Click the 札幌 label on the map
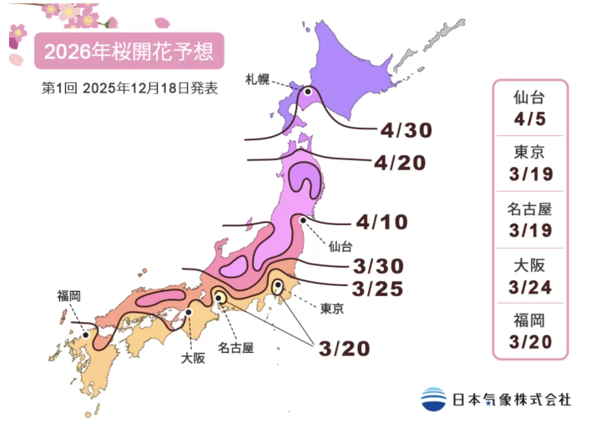(x=258, y=80)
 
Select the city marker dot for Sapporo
(x=307, y=92)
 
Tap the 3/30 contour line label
(x=378, y=266)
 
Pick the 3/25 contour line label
(x=378, y=290)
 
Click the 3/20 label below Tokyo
(x=343, y=348)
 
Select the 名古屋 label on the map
(x=236, y=346)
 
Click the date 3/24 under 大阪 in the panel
(x=531, y=287)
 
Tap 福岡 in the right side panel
(x=531, y=319)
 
